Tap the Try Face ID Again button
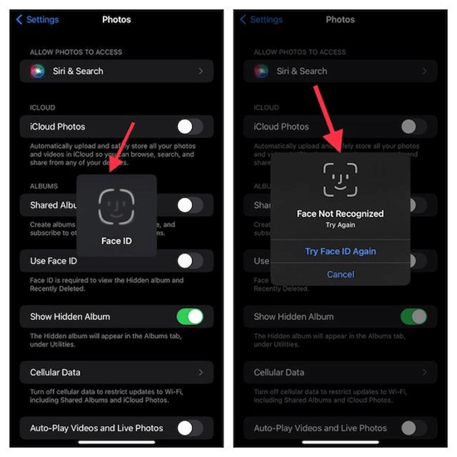click(x=340, y=251)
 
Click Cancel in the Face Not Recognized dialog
click(x=340, y=274)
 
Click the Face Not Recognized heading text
click(x=340, y=214)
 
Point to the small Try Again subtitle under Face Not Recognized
click(x=340, y=225)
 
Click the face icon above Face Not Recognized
click(x=340, y=179)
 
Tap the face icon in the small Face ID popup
click(x=116, y=207)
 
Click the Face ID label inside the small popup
click(x=116, y=242)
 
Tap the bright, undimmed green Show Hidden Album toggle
click(x=189, y=317)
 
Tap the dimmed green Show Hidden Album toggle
click(x=413, y=317)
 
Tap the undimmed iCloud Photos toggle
click(x=189, y=126)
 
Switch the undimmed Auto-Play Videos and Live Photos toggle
click(x=189, y=428)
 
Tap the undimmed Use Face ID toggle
click(x=189, y=261)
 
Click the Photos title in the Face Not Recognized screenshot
click(x=340, y=19)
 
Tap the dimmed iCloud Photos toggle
click(x=413, y=126)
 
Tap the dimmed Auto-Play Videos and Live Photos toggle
click(x=413, y=428)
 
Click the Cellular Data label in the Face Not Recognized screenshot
click(x=278, y=372)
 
